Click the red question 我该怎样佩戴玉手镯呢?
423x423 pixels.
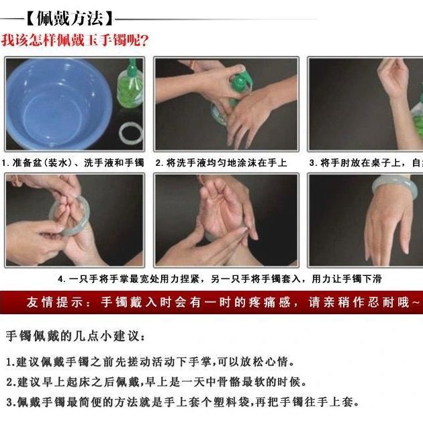[x=75, y=40]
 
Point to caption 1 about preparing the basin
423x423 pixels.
[x=73, y=163]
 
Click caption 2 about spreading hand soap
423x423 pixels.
[x=221, y=163]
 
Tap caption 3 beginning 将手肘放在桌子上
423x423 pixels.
[x=366, y=163]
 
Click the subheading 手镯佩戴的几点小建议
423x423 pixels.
[x=74, y=335]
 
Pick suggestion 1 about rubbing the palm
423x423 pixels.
[x=151, y=362]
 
